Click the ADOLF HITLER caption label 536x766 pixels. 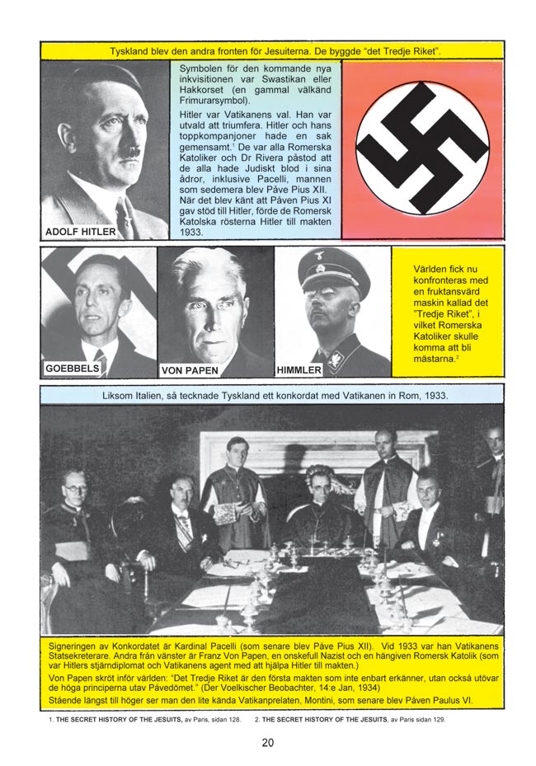(x=80, y=232)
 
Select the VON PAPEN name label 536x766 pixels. (x=190, y=370)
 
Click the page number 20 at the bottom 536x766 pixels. (x=267, y=742)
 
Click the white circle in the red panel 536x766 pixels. (x=422, y=148)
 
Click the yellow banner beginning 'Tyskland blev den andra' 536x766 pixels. (x=272, y=51)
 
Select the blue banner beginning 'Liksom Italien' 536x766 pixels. (x=272, y=395)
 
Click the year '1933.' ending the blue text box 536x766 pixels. (x=192, y=233)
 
